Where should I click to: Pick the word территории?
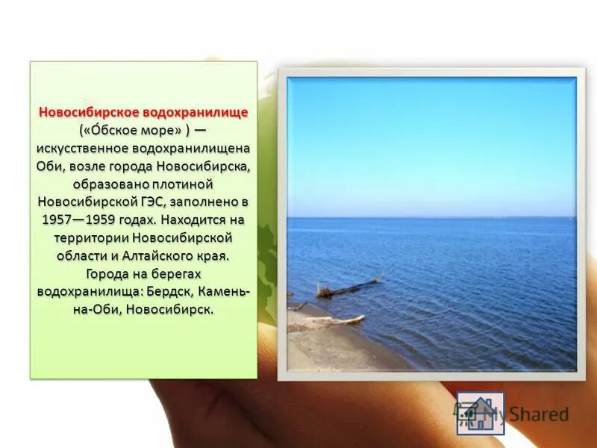(91, 237)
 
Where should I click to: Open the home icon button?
(480, 413)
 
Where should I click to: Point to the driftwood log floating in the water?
(347, 287)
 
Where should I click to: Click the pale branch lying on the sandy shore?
(336, 321)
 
